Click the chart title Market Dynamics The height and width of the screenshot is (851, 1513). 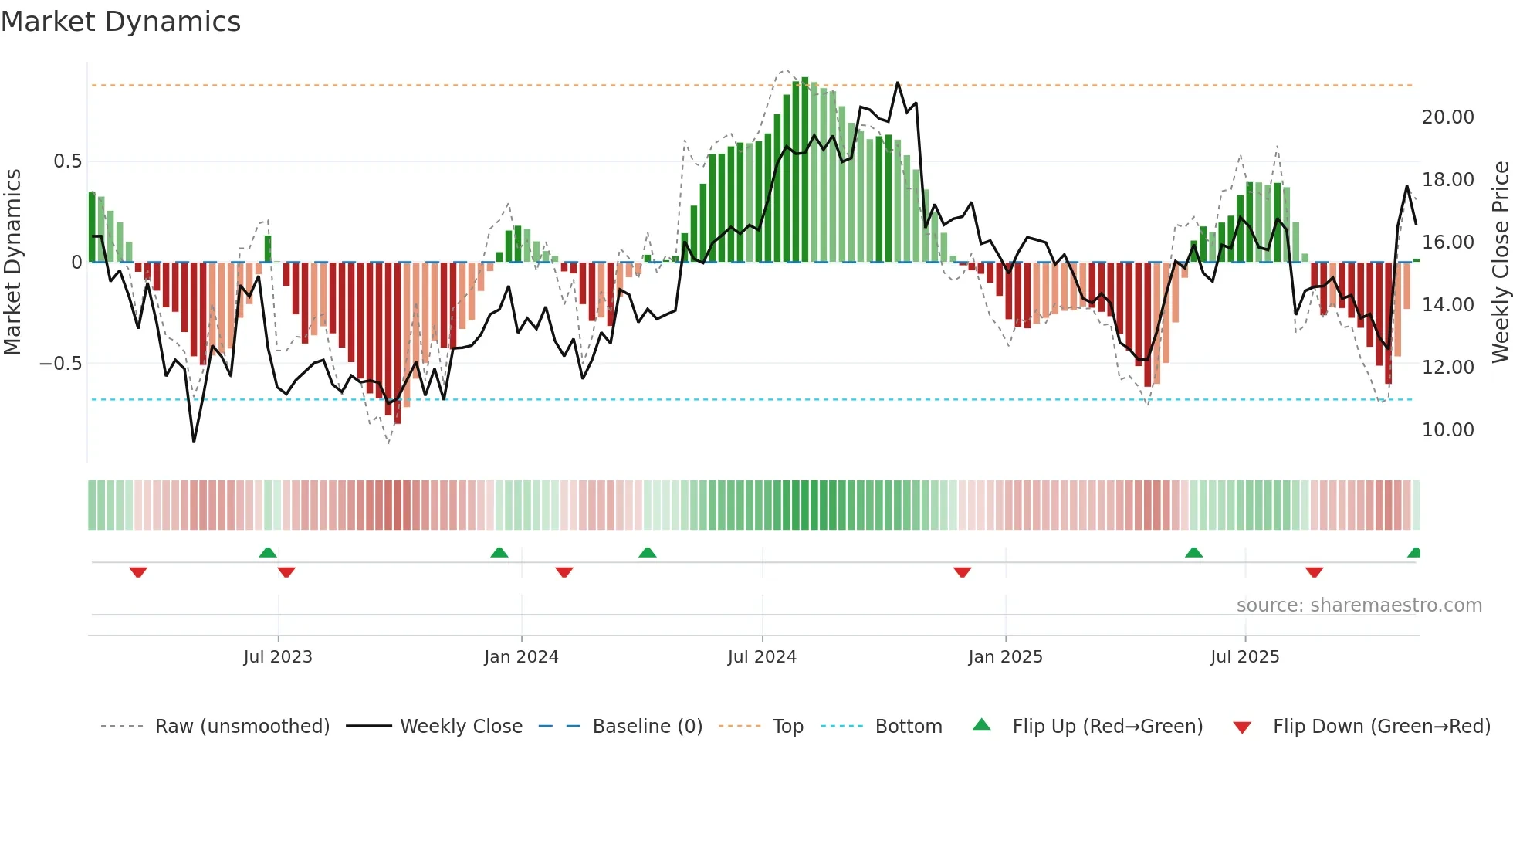[120, 22]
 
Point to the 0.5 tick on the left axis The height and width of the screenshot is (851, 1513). [67, 161]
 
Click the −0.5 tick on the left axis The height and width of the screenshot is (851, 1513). [60, 363]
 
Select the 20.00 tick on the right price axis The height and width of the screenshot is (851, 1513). [1447, 117]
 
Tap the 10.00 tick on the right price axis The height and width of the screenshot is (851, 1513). [1447, 430]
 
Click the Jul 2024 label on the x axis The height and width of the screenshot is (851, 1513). [761, 657]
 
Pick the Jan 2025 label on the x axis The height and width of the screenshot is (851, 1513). [1005, 657]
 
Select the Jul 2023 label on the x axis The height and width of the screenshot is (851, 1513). [278, 657]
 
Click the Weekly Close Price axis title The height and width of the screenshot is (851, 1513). [1500, 263]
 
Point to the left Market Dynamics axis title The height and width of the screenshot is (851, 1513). [12, 263]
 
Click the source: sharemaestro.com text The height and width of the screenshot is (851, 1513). [1359, 605]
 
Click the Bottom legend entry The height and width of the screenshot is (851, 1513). [908, 727]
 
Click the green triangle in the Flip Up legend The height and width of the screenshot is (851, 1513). [981, 725]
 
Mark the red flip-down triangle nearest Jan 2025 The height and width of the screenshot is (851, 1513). [962, 572]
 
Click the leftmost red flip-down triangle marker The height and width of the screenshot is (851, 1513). [138, 572]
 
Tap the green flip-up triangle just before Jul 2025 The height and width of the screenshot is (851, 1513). [1193, 552]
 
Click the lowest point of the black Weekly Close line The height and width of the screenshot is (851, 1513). [194, 442]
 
